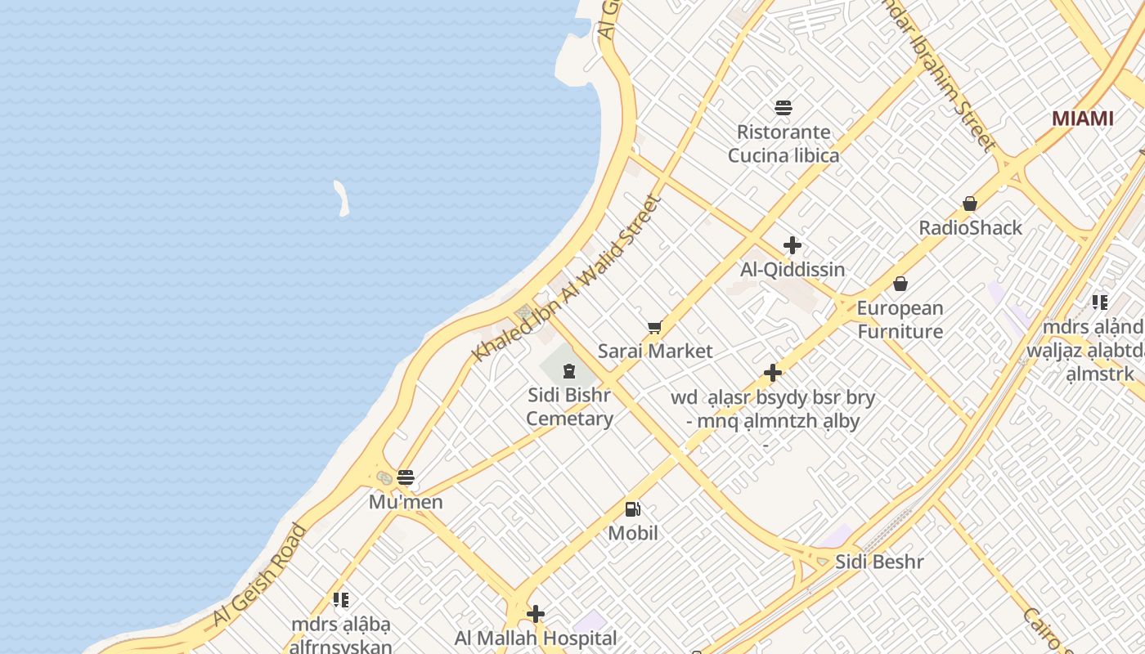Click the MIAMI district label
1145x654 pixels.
[x=1082, y=119]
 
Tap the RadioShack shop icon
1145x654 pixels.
[x=970, y=204]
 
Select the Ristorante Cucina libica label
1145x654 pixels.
[x=784, y=144]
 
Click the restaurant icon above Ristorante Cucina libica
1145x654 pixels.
[x=784, y=108]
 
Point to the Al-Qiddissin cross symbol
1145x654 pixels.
[x=792, y=245]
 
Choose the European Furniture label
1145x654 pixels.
[x=900, y=320]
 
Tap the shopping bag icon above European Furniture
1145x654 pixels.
[x=900, y=284]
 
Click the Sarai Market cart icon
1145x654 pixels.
[x=654, y=328]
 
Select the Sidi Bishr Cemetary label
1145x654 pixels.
[x=569, y=407]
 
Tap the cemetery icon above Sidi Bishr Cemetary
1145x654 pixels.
[x=569, y=372]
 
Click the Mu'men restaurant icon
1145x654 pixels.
[x=406, y=477]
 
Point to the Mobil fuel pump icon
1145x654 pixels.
[x=633, y=509]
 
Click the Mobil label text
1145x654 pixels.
[x=633, y=533]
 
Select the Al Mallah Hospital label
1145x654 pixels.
[x=536, y=638]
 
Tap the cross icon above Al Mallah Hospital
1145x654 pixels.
[x=536, y=614]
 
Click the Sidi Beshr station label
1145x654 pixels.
[x=879, y=562]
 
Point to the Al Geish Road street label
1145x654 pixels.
[x=259, y=576]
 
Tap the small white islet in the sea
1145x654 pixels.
[x=342, y=199]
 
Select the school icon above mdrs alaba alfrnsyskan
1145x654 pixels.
[x=341, y=600]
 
